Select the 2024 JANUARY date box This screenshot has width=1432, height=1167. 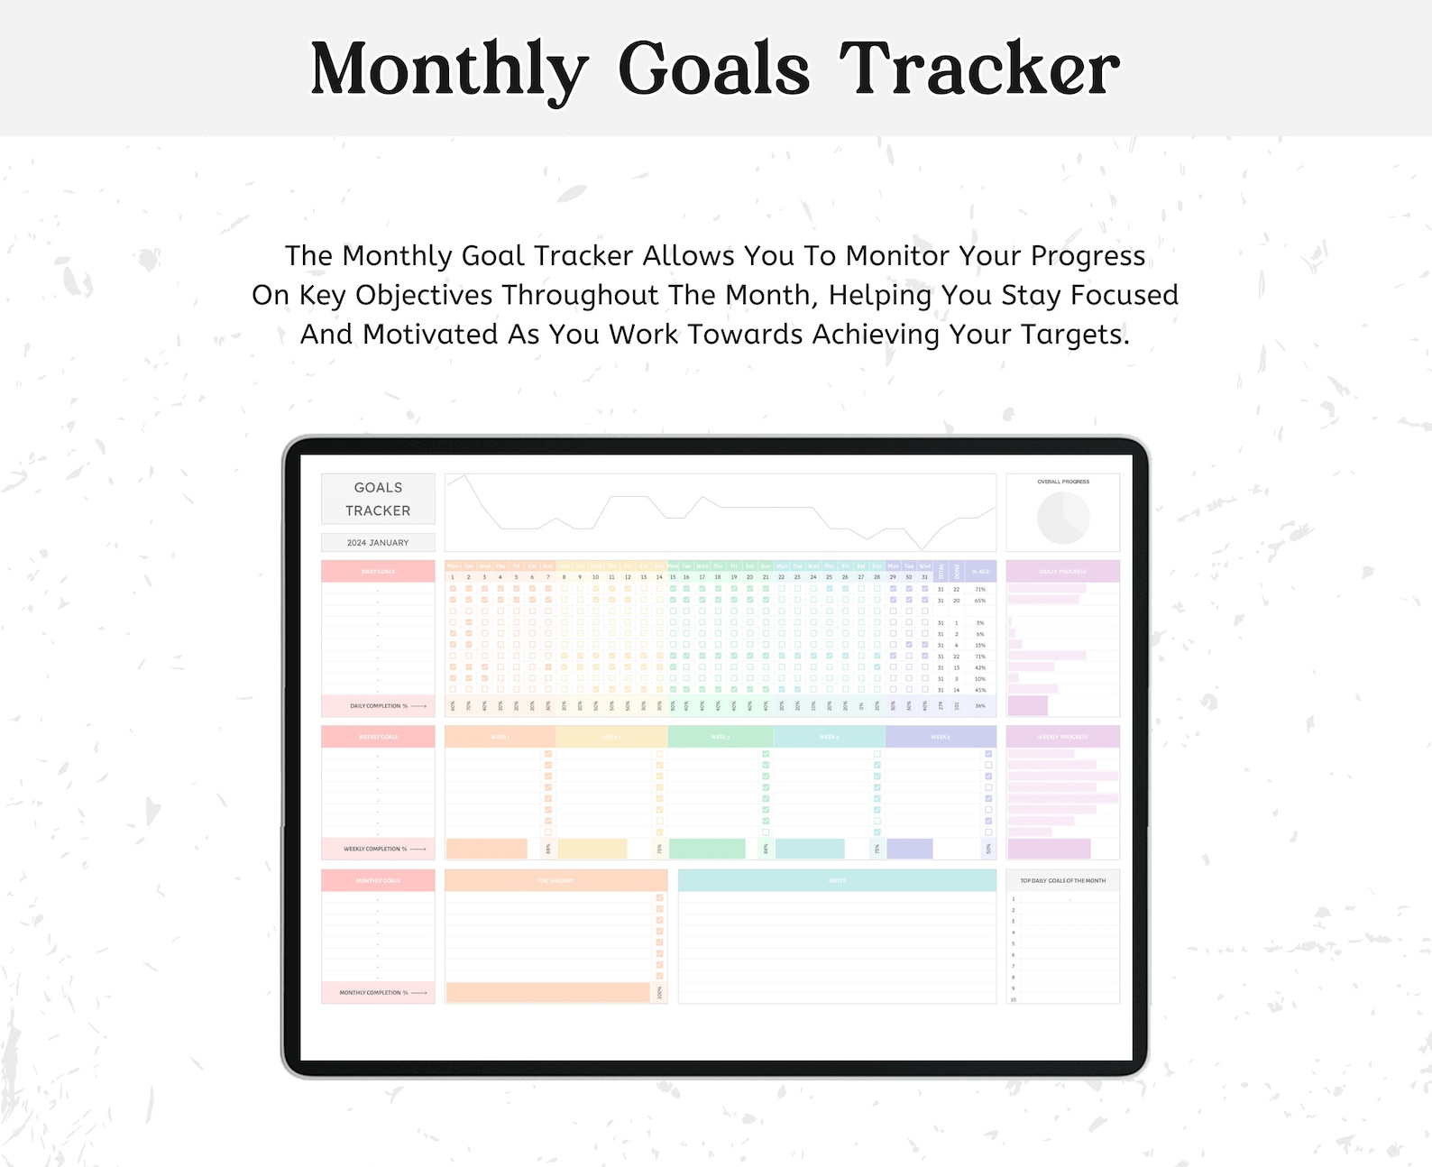pos(378,542)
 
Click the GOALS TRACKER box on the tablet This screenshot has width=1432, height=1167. pos(378,499)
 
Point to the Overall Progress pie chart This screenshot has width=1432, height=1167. pos(1063,518)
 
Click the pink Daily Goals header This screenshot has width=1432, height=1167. pos(378,571)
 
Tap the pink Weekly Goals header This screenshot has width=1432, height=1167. pos(378,737)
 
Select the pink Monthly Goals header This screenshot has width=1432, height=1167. pos(378,880)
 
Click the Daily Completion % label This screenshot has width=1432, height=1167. pos(379,705)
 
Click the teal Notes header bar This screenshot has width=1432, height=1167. pos(837,880)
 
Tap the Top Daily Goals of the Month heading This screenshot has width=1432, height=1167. pos(1062,880)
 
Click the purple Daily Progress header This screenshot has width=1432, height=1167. pos(1062,571)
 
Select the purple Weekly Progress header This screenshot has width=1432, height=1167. pos(1062,737)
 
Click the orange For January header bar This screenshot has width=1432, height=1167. pos(555,880)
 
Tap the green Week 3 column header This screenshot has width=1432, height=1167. pos(720,737)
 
